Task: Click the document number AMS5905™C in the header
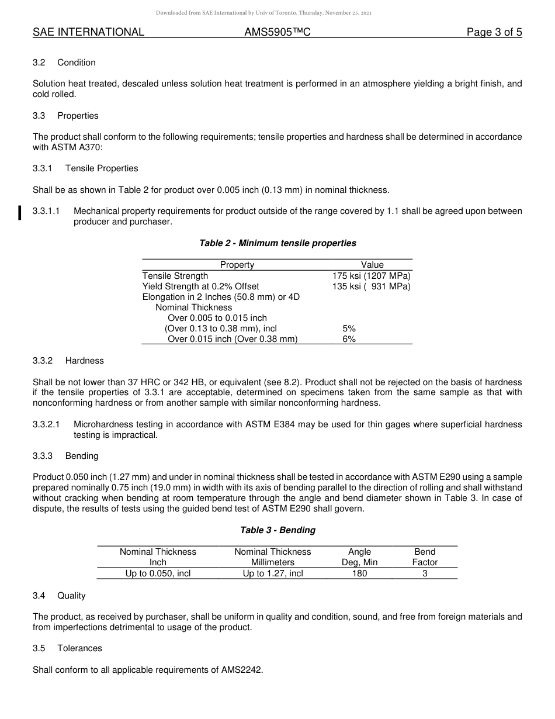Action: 277,33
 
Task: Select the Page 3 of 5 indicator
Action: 494,33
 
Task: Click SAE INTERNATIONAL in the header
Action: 88,33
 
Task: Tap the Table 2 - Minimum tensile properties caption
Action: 277,243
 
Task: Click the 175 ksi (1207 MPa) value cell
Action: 372,276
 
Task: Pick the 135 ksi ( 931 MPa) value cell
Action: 372,286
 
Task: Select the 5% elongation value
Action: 349,329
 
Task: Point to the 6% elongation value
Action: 349,339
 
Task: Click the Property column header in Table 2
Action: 237,265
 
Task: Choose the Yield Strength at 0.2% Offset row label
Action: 200,286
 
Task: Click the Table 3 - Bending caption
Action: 277,530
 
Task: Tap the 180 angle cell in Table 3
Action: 359,573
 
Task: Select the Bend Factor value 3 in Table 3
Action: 425,573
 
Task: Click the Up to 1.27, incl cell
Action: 273,573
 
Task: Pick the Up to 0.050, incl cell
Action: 158,573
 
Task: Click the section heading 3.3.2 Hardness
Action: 68,361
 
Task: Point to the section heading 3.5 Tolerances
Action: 68,648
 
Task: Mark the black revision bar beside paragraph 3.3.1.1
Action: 20,213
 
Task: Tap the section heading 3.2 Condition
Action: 64,63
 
